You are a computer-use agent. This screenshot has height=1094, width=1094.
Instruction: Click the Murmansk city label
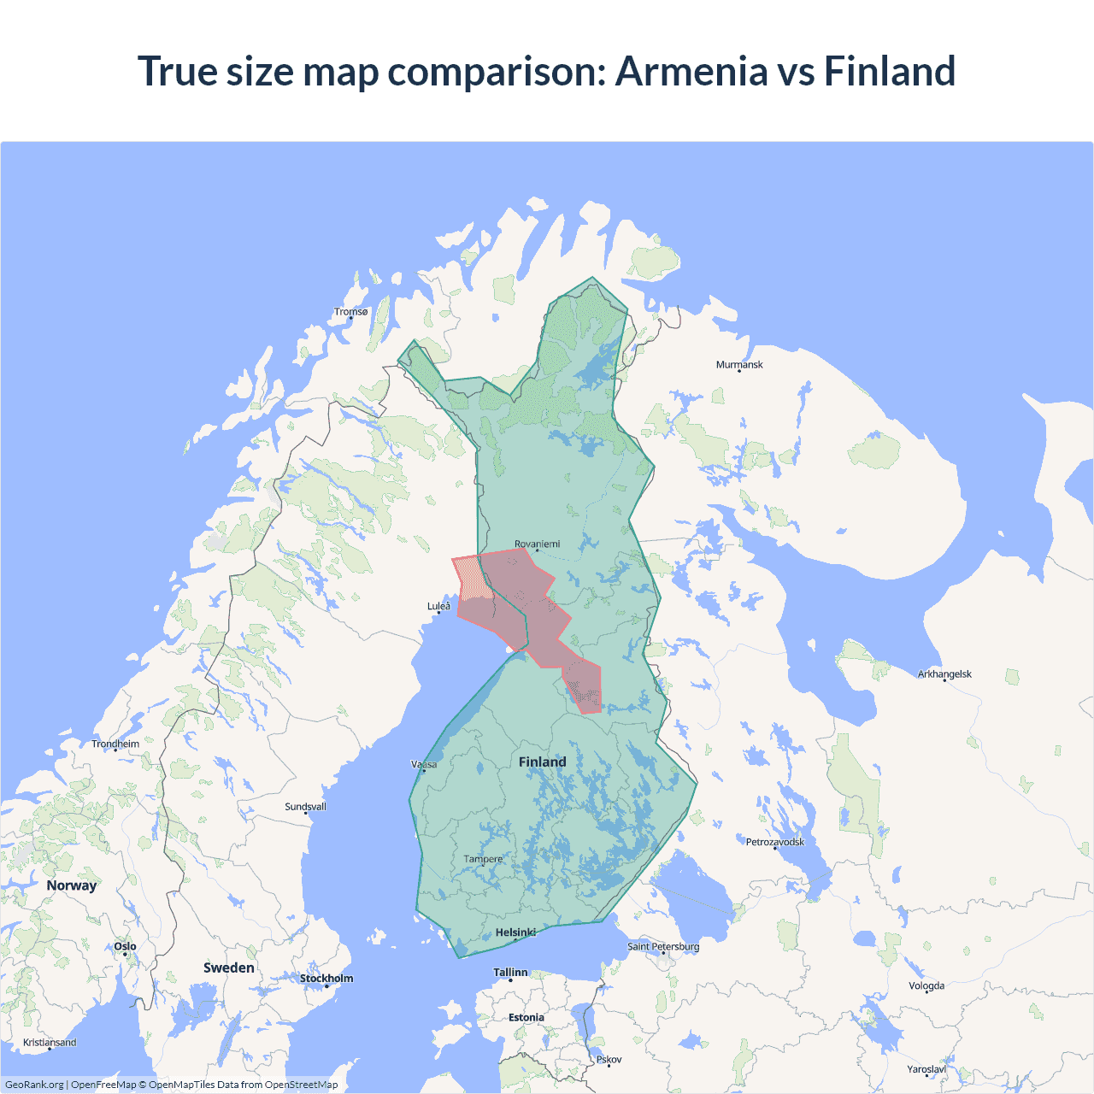(x=739, y=365)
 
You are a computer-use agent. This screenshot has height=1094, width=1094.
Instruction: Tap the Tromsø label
(x=351, y=312)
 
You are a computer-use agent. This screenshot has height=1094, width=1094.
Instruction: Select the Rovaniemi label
(x=538, y=544)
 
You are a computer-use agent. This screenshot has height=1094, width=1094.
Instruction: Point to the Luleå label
(x=438, y=606)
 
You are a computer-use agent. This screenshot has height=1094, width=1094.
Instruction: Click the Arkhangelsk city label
(x=944, y=674)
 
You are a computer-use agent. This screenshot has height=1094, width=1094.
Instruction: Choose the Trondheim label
(x=115, y=744)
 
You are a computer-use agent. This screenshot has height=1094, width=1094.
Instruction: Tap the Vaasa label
(x=424, y=764)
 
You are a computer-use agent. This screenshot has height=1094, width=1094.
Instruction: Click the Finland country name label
(x=543, y=762)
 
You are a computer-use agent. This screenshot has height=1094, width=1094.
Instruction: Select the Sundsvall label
(x=305, y=807)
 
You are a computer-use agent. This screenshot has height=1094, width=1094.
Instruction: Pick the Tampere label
(x=483, y=859)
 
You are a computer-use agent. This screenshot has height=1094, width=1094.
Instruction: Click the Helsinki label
(x=515, y=932)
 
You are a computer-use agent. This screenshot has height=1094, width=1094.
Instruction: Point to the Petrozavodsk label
(x=775, y=842)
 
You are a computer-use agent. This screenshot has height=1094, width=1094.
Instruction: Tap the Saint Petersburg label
(x=663, y=946)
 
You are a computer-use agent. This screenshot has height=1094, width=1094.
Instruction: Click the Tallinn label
(x=510, y=973)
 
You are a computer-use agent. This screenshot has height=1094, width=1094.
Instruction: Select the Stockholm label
(x=326, y=979)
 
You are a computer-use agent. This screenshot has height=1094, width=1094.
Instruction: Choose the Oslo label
(x=125, y=946)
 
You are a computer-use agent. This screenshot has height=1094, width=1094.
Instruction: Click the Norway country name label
(x=72, y=885)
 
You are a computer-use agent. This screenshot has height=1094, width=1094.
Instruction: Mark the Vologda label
(x=926, y=985)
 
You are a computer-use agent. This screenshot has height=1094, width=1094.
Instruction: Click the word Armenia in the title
(x=691, y=71)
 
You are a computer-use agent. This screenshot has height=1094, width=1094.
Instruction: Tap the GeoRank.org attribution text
(x=34, y=1085)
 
